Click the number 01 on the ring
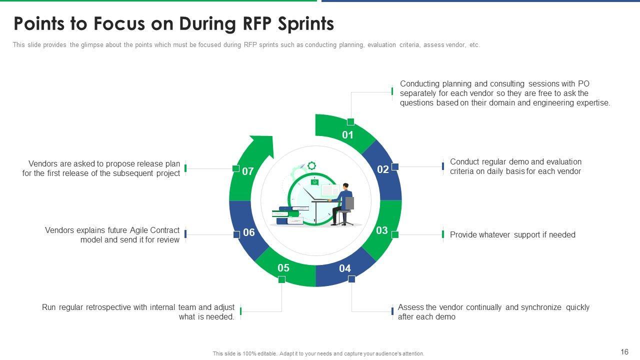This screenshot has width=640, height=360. click(x=347, y=135)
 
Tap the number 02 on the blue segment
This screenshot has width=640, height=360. click(x=383, y=169)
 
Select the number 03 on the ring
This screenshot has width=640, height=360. click(x=381, y=230)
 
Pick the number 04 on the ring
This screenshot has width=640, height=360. click(x=345, y=268)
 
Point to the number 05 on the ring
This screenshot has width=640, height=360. click(x=283, y=267)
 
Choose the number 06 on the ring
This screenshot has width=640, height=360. click(x=249, y=232)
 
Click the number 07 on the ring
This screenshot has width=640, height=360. click(x=247, y=171)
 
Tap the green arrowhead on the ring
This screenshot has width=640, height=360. click(x=261, y=145)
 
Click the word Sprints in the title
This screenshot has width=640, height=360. click(x=305, y=23)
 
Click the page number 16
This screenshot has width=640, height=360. click(x=624, y=351)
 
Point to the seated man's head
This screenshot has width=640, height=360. click(x=345, y=186)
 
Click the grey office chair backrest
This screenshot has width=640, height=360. click(x=349, y=203)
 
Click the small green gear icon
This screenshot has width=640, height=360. click(x=311, y=165)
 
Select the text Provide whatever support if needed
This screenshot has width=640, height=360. click(x=512, y=234)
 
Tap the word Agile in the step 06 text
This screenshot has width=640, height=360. click(x=139, y=230)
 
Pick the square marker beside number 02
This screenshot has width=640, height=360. click(x=395, y=166)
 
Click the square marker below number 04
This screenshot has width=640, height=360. click(x=351, y=279)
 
